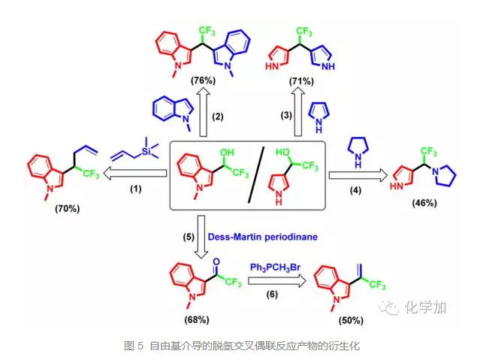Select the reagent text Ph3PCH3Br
coord(277,268)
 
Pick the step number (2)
coord(218,116)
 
